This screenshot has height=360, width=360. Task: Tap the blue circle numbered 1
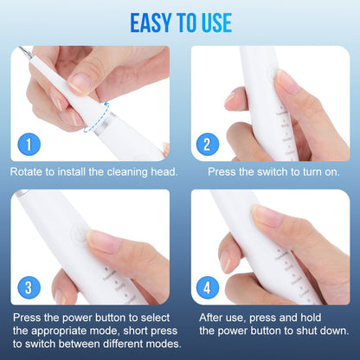click(x=29, y=143)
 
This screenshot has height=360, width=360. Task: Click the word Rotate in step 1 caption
click(x=29, y=171)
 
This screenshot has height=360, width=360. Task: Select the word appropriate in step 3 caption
click(x=69, y=330)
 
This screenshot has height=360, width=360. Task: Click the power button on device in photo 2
click(x=273, y=74)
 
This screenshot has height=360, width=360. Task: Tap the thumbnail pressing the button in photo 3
click(x=101, y=241)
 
